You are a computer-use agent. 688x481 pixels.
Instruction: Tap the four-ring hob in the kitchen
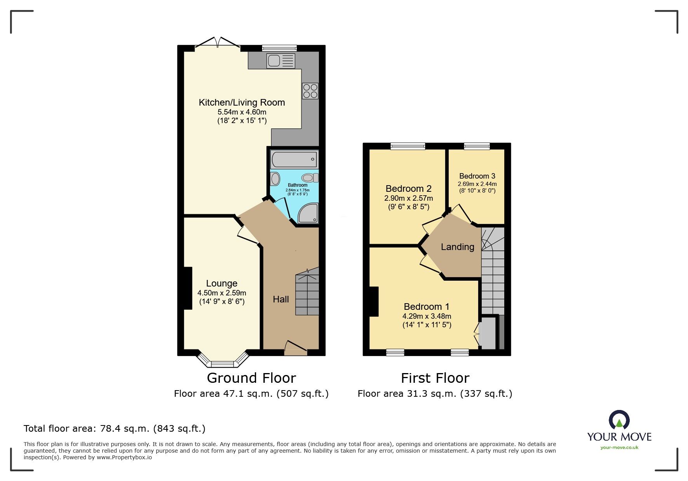310,91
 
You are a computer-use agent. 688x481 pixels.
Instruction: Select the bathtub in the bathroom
294,160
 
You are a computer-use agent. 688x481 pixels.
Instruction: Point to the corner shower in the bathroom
308,213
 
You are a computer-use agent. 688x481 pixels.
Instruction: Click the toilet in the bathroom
310,178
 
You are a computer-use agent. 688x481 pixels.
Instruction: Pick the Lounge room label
221,283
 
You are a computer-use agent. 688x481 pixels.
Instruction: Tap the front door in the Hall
296,349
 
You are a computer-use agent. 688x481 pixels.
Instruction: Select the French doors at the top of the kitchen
217,43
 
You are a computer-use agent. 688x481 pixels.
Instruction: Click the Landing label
457,247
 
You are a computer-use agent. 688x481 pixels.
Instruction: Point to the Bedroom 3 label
477,176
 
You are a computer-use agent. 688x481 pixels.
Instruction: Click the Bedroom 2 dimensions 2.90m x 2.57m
408,198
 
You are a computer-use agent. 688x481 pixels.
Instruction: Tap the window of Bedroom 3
477,146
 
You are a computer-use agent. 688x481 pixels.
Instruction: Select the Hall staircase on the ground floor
307,294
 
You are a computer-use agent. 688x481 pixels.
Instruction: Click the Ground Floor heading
251,378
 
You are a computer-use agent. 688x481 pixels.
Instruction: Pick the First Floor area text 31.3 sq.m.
435,394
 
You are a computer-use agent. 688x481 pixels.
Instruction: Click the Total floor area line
115,429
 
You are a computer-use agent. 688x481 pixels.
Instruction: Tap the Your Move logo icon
619,420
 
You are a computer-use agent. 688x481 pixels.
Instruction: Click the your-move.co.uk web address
619,448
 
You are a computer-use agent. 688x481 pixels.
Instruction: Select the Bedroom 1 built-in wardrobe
488,333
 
